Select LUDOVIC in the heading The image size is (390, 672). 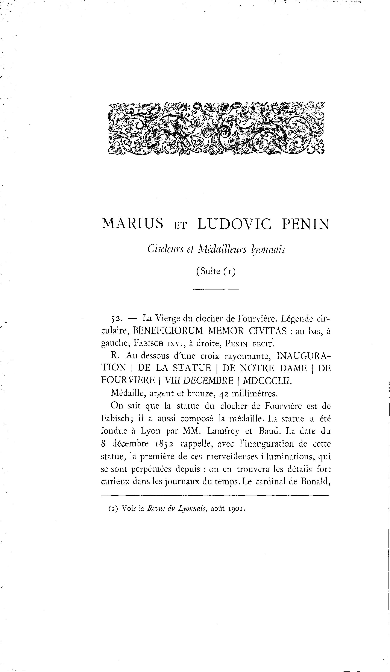[234, 224]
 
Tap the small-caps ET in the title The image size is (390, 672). [180, 226]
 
